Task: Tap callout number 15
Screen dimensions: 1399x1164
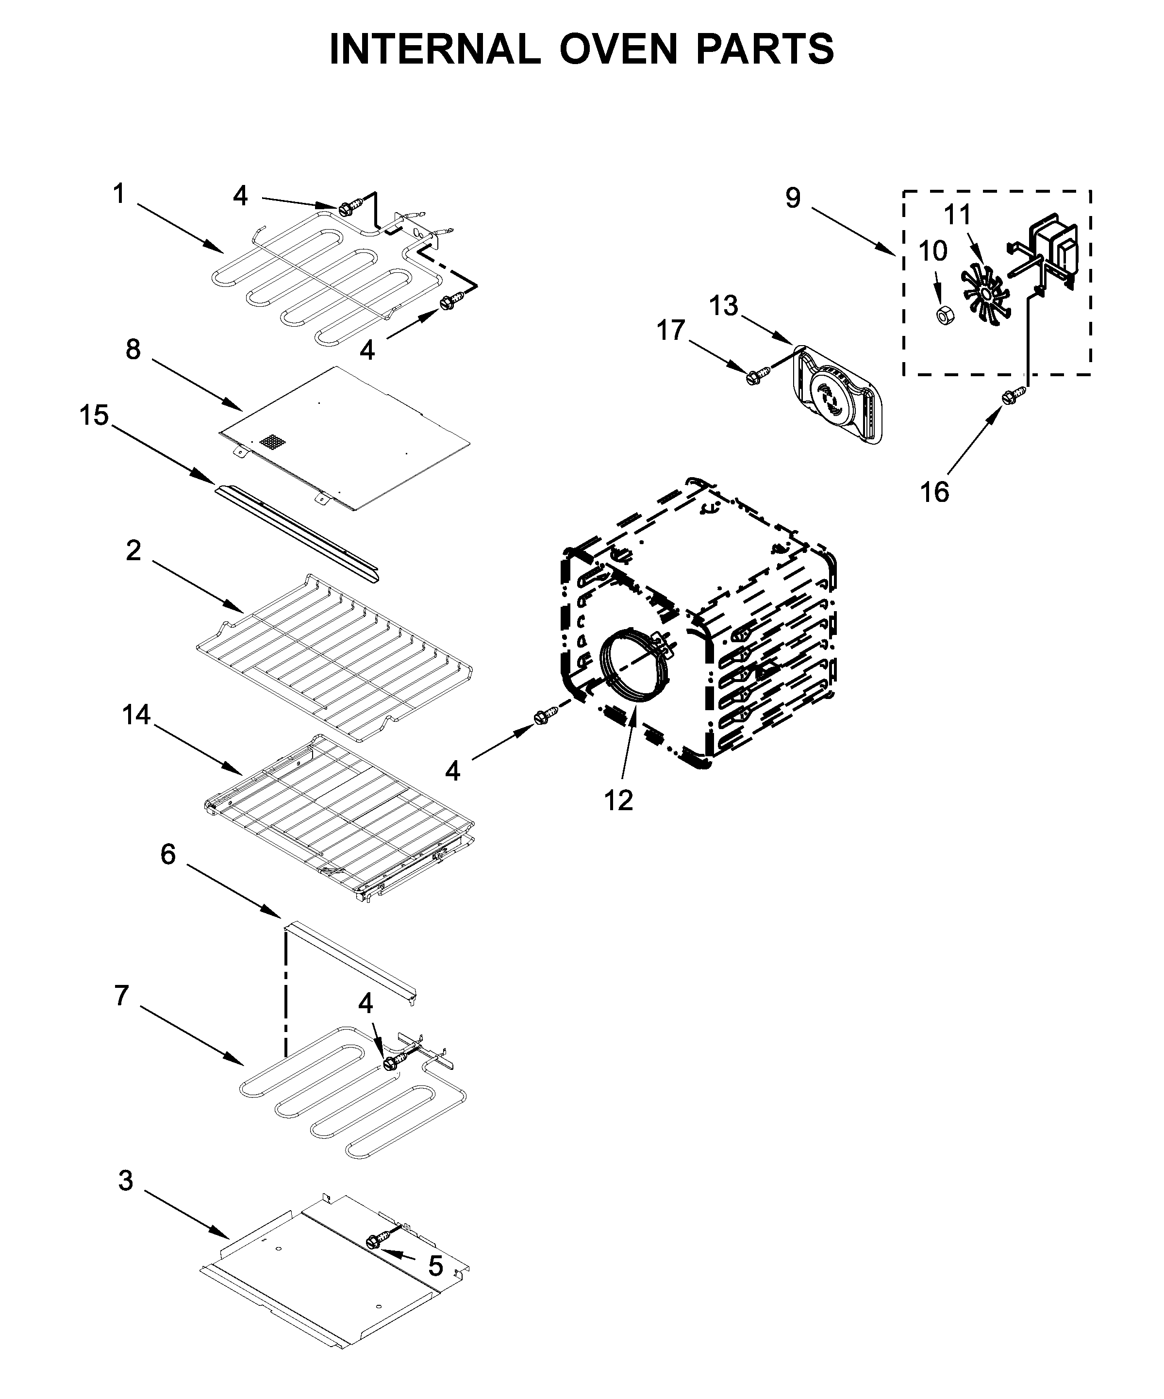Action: point(94,415)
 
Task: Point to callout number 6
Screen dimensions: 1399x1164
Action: point(168,853)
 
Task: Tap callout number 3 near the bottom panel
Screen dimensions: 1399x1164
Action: point(125,1181)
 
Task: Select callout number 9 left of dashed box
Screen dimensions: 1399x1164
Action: point(792,198)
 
